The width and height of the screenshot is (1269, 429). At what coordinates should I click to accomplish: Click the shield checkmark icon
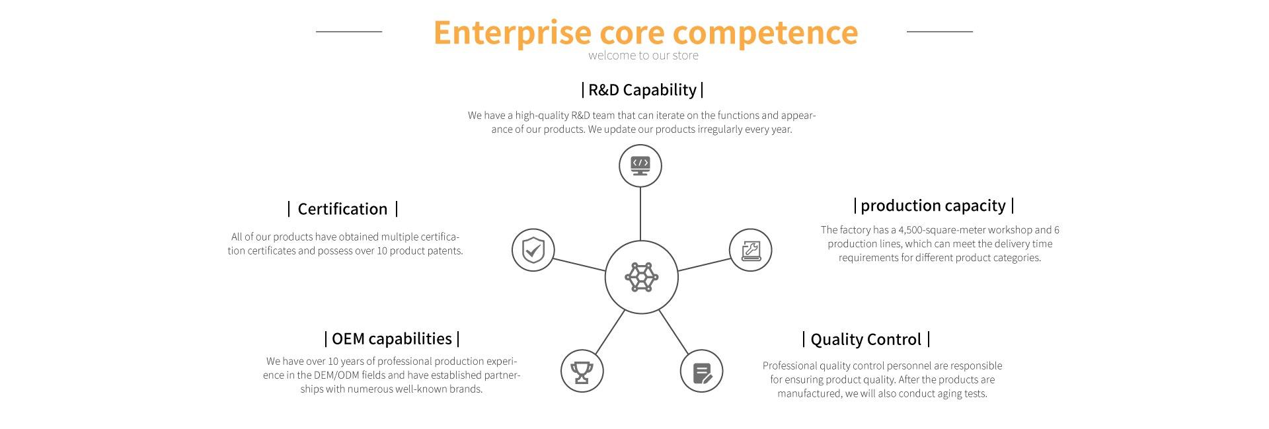[533, 251]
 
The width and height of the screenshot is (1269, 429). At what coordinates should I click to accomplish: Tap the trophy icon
[582, 371]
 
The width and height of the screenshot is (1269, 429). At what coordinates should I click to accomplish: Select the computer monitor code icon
[640, 165]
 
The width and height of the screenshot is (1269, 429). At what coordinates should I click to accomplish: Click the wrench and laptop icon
[750, 251]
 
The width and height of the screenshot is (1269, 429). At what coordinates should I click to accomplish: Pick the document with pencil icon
[701, 372]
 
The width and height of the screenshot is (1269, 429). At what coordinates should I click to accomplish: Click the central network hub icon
[641, 277]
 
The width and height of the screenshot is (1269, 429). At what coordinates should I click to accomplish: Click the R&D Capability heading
[642, 90]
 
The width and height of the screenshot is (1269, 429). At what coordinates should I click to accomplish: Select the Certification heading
[342, 210]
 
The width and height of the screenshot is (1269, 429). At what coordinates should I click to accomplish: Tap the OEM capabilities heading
[392, 339]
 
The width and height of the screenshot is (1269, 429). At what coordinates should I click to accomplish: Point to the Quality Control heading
[865, 340]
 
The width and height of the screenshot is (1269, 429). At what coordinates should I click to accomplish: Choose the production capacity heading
[933, 206]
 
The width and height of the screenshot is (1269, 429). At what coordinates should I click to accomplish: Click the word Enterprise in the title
[512, 32]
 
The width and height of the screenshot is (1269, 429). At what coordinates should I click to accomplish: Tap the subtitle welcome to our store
[643, 56]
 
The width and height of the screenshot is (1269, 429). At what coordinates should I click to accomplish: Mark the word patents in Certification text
[445, 251]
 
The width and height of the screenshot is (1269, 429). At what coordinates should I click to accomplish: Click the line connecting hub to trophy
[609, 333]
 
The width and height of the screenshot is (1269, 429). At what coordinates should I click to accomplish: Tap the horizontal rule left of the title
[349, 31]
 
